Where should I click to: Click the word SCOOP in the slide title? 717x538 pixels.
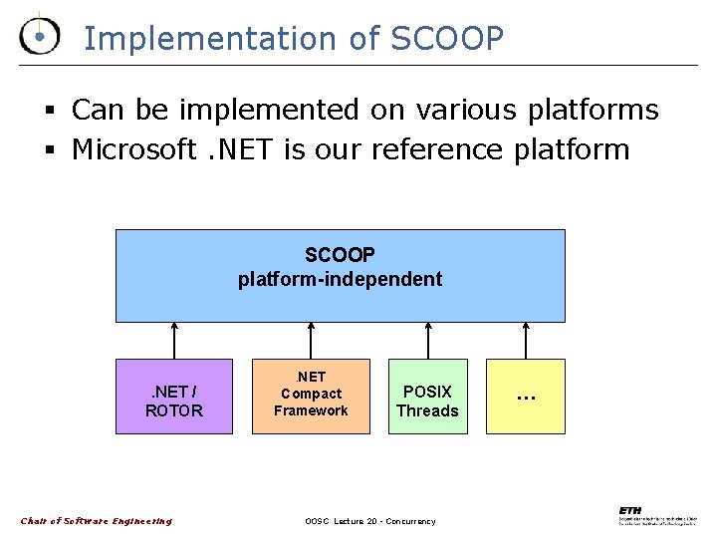pos(447,38)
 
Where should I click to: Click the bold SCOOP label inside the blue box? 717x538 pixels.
pos(340,256)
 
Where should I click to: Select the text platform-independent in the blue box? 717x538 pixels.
pos(340,279)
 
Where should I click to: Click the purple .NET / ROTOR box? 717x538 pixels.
pos(174,397)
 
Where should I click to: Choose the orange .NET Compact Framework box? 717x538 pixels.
pos(311,397)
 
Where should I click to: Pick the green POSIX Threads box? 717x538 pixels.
pos(427,397)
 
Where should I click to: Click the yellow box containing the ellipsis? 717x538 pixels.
pos(525,397)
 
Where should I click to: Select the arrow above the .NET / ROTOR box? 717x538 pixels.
pos(174,341)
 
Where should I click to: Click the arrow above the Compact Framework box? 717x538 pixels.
pos(311,341)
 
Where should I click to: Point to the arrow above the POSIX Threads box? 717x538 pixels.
pos(427,341)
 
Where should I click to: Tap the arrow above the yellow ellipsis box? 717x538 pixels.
pos(526,341)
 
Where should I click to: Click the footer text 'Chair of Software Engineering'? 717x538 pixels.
pos(96,521)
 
